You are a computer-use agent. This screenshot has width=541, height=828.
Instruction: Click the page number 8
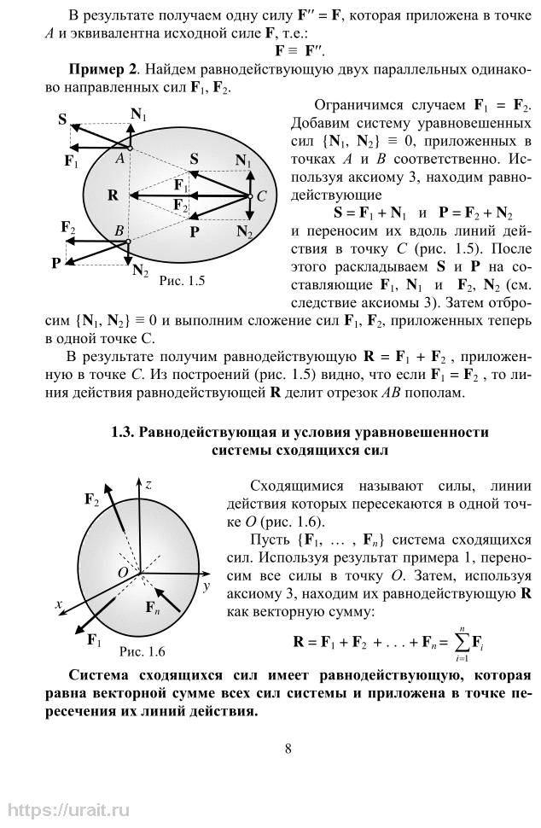pyautogui.click(x=288, y=749)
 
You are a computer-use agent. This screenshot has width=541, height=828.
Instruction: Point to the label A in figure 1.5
pyautogui.click(x=119, y=157)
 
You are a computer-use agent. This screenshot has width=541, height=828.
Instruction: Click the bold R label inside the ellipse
pyautogui.click(x=112, y=195)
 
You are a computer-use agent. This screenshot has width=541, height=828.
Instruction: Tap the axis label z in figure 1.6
pyautogui.click(x=148, y=484)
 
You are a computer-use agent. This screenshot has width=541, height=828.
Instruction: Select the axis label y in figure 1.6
pyautogui.click(x=206, y=587)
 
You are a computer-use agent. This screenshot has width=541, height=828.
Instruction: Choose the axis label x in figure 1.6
pyautogui.click(x=60, y=604)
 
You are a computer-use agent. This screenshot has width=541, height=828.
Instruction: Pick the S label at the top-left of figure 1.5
pyautogui.click(x=63, y=120)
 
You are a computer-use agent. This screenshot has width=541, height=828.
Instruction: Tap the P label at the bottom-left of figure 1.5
pyautogui.click(x=55, y=262)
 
